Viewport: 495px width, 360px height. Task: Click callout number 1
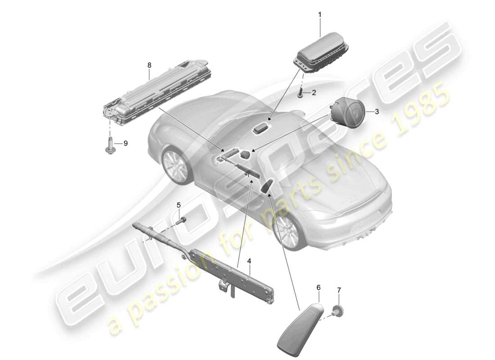[320, 15]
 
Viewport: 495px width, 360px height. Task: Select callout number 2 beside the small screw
[314, 93]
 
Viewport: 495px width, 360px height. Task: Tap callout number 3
[377, 111]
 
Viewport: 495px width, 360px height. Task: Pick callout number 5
[179, 205]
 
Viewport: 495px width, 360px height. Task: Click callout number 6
[319, 287]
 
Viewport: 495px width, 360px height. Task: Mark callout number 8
[149, 65]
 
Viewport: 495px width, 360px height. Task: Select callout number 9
[126, 144]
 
